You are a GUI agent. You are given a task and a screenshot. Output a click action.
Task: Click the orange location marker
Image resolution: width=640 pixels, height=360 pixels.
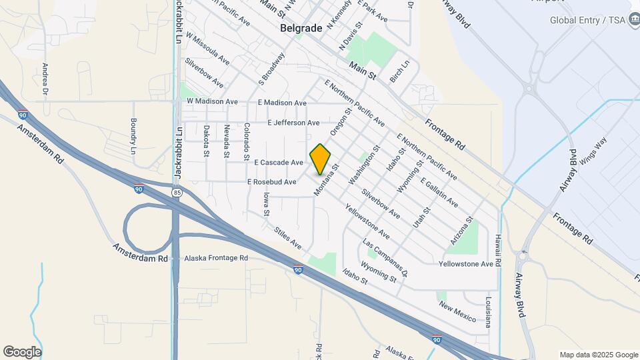tap(321, 159)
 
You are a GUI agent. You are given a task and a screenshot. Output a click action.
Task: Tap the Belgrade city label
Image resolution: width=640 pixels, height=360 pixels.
tap(301, 28)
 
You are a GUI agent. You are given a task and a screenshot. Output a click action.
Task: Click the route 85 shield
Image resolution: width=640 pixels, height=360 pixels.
tap(176, 193)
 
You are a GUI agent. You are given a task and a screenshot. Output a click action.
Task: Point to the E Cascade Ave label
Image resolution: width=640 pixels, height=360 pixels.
tap(278, 163)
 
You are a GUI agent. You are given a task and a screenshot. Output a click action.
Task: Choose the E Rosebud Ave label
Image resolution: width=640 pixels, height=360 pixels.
tap(271, 182)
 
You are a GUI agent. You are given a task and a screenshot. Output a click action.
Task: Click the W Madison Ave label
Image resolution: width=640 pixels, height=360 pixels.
tap(212, 101)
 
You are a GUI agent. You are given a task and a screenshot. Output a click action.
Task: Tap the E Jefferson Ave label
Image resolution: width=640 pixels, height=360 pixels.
tap(293, 123)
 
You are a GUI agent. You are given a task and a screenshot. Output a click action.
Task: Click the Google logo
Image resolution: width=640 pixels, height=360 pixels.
tap(22, 352)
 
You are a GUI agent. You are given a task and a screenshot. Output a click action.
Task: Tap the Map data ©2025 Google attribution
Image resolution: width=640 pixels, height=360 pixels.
tap(598, 355)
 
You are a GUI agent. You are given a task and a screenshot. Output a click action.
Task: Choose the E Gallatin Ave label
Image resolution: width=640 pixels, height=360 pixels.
tap(439, 192)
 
